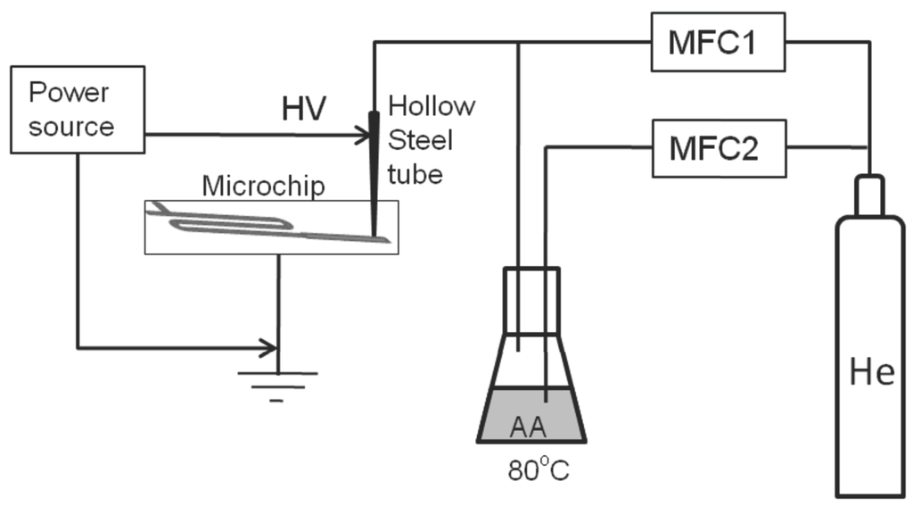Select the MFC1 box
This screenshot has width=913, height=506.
click(x=719, y=43)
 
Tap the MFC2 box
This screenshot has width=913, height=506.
click(x=719, y=147)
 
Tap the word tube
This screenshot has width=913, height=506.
click(x=417, y=173)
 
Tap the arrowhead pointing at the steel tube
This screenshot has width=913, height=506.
click(x=362, y=137)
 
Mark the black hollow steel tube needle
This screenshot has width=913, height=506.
click(x=374, y=170)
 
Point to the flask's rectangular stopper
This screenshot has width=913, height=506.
click(x=531, y=301)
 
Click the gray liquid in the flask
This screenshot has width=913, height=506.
click(x=531, y=418)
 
